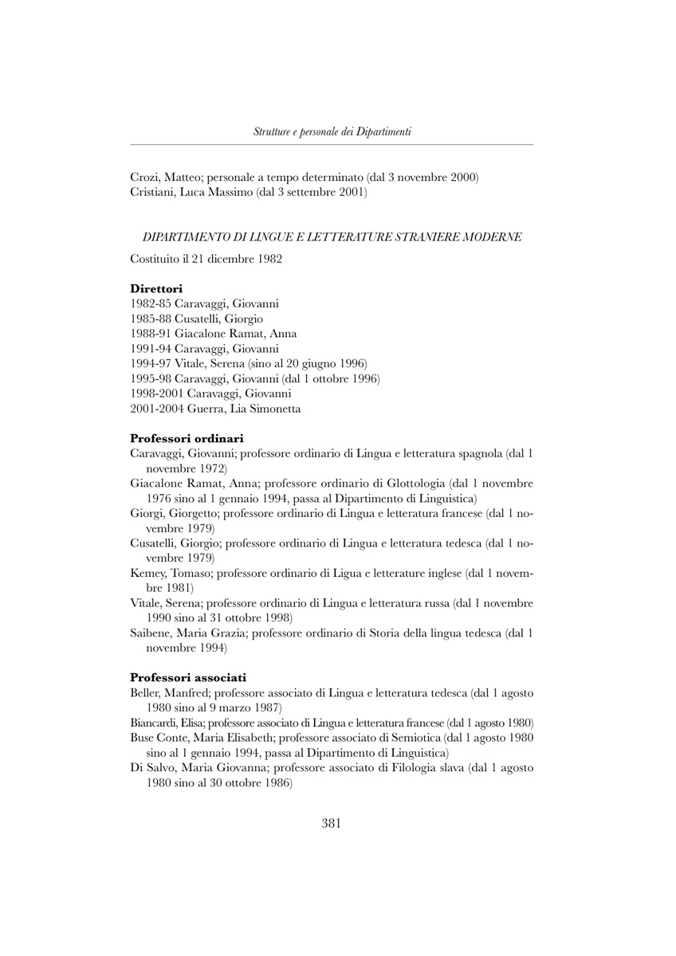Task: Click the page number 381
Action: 332,824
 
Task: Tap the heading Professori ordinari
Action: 187,438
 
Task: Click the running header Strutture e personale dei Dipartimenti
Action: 332,131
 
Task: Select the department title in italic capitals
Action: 332,237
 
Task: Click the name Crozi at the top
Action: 145,177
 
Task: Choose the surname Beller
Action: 144,693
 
